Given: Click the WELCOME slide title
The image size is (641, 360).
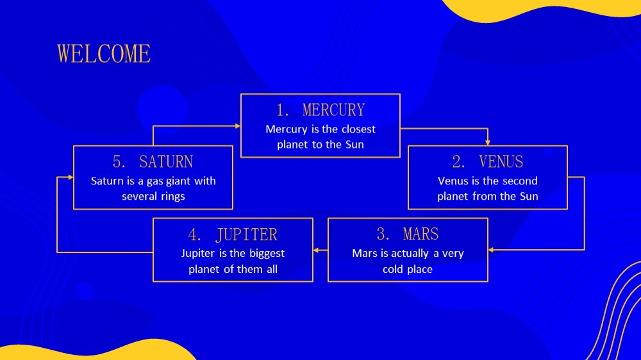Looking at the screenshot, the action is tap(104, 54).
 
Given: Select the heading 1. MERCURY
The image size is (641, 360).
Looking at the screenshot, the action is tap(320, 110).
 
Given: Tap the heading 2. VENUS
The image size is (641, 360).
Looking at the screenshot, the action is tap(487, 162).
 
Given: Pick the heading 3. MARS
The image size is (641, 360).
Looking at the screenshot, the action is tap(408, 234).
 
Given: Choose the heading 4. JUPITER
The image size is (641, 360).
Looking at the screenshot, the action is tap(233, 234).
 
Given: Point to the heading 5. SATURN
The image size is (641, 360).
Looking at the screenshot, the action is tap(153, 162).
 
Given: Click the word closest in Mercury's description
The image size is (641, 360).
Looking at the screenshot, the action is tap(358, 129).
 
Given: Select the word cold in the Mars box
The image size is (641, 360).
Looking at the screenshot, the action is tap(392, 269).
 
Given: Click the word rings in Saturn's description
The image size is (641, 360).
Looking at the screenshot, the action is tap(173, 197).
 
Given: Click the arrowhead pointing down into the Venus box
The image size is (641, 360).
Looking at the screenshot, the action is tap(488, 143).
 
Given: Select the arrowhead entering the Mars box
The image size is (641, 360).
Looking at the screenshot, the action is tap(491, 250).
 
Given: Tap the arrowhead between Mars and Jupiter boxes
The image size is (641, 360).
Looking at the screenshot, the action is tap(316, 250).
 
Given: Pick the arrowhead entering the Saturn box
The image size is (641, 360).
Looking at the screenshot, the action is tap(71, 177).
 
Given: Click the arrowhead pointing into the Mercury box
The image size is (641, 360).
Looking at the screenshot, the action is tap(238, 126).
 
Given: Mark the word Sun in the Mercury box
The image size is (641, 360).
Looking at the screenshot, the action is tap(354, 145).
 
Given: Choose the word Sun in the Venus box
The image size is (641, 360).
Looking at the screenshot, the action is tap(529, 197).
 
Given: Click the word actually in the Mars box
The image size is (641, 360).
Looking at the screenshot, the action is tap(411, 254).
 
